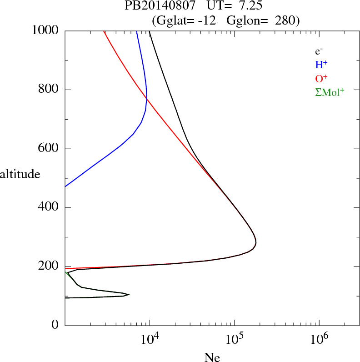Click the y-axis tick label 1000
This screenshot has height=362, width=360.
point(46,31)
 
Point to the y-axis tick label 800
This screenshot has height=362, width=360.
point(49,90)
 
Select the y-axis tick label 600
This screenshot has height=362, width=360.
point(49,149)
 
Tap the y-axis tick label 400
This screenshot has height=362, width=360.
point(49,208)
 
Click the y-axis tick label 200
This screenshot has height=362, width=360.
point(49,267)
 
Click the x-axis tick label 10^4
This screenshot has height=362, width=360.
point(150,339)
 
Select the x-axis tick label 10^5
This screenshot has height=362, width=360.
point(234,339)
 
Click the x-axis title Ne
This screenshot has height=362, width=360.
point(212,357)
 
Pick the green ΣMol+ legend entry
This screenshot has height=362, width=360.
point(330,92)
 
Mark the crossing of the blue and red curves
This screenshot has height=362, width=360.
point(147,99)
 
